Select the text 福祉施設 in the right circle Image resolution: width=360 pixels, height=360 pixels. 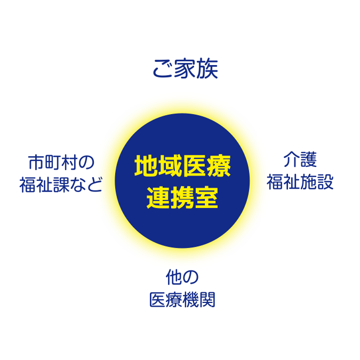coord(300,182)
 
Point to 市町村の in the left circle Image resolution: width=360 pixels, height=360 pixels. coord(61,161)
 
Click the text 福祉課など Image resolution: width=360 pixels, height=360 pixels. coord(61,184)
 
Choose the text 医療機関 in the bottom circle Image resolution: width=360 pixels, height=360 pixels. coord(182,300)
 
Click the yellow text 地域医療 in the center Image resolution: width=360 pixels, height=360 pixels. coord(182,167)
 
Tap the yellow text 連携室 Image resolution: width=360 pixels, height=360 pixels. coord(182,197)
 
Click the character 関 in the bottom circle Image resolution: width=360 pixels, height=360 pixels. coord(207,300)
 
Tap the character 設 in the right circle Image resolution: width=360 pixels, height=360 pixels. coord(325,182)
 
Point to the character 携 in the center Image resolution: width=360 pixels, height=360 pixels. coord(182,197)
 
